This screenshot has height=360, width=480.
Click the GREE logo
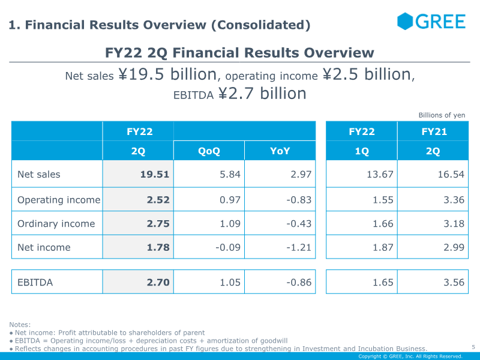(431, 22)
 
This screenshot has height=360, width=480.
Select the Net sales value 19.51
(155, 175)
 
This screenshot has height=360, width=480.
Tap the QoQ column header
(209, 151)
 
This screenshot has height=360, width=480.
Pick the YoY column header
(280, 151)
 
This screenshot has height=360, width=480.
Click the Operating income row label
(59, 200)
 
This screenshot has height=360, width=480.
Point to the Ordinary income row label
(56, 224)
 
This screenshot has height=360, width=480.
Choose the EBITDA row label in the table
(35, 282)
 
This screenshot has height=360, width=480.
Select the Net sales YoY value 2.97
(299, 175)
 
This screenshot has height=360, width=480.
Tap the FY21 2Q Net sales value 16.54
(450, 175)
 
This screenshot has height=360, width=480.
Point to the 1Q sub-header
(362, 151)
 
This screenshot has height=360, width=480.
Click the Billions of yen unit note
(442, 115)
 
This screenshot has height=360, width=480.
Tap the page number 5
(473, 347)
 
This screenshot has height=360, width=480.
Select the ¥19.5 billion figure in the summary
(167, 74)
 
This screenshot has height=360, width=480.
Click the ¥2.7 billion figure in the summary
(262, 94)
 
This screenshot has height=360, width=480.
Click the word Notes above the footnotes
(20, 325)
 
